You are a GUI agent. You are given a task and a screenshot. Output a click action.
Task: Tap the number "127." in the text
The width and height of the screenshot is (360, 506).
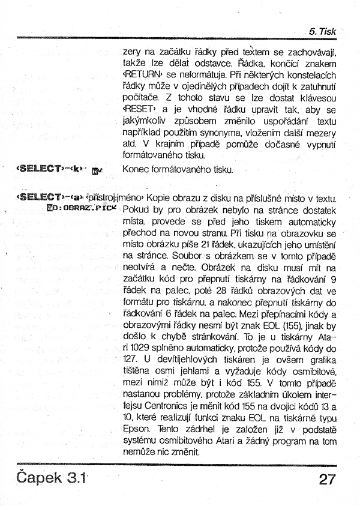131,359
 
